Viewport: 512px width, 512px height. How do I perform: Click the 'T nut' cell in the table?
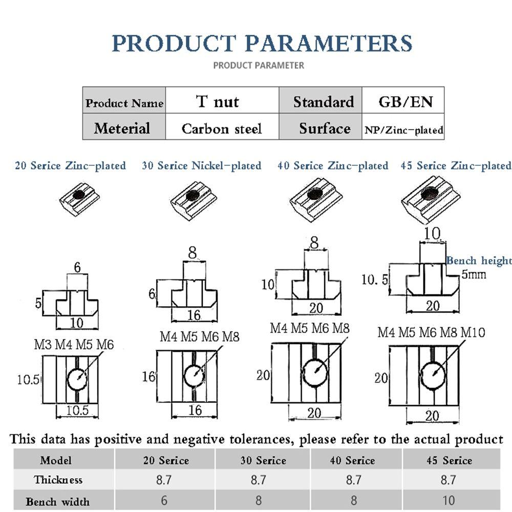pyautogui.click(x=218, y=101)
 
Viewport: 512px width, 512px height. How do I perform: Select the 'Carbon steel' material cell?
pyautogui.click(x=221, y=128)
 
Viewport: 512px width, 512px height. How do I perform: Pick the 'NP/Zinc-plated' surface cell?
pyautogui.click(x=403, y=130)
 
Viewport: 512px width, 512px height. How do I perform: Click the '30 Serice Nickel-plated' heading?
pyautogui.click(x=201, y=166)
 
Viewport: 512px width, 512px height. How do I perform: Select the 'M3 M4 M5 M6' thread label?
pyautogui.click(x=74, y=345)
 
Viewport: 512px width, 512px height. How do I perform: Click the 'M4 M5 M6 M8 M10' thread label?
pyautogui.click(x=431, y=332)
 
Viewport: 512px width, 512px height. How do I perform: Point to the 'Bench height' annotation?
pyautogui.click(x=479, y=261)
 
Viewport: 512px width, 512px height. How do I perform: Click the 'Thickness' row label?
pyautogui.click(x=58, y=480)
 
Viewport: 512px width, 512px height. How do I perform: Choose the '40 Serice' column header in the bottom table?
pyautogui.click(x=353, y=460)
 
